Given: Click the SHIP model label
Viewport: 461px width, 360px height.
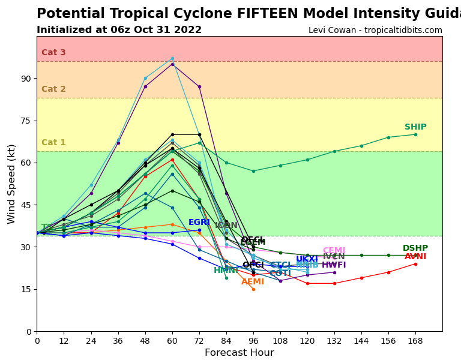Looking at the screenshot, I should [415, 127].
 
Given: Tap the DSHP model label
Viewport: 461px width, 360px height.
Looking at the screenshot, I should [415, 248].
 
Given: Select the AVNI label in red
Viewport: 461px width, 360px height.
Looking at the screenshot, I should [415, 257].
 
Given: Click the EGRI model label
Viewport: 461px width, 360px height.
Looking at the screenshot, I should [199, 223].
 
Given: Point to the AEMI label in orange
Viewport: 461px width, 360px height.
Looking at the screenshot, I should [253, 282].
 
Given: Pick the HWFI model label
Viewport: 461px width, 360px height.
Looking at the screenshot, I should [334, 265].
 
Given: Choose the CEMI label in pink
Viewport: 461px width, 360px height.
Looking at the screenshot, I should [334, 251].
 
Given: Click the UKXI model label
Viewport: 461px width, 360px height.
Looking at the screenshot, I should [307, 259].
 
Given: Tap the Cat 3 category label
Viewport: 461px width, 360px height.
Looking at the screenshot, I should [53, 53].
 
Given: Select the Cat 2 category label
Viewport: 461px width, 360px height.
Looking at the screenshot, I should [53, 89].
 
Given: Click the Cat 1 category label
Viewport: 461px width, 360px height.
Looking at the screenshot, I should [53, 143].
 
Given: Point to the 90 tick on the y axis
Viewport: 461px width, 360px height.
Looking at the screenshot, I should [25, 79].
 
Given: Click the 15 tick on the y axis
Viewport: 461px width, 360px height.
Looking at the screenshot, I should [25, 289].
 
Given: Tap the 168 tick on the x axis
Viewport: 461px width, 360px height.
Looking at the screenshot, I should [415, 341].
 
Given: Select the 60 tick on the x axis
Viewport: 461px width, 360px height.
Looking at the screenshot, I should [172, 341].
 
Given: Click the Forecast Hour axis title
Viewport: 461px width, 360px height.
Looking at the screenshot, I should [239, 353].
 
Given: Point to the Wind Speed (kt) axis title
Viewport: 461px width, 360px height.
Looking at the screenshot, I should [12, 184].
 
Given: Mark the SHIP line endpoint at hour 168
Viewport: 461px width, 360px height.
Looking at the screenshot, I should [415, 134].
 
